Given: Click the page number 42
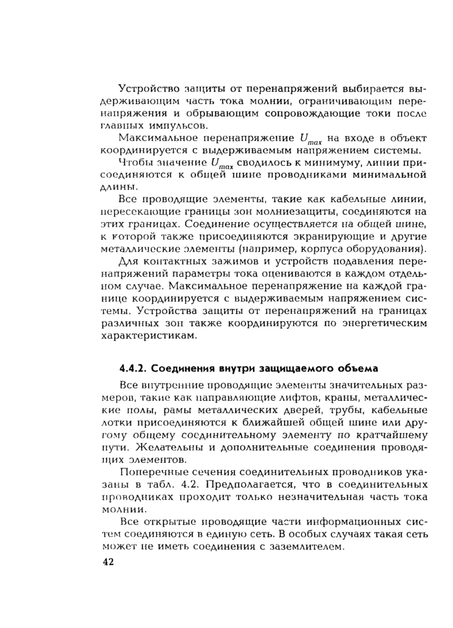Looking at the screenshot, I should (108, 562).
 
